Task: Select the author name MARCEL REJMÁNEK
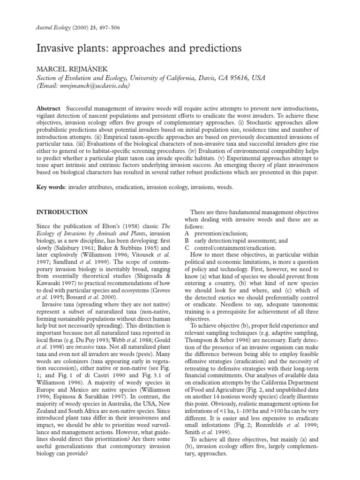[x=68, y=68]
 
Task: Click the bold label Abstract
[x=48, y=109]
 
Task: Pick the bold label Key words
[x=51, y=187]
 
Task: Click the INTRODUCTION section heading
[x=62, y=212]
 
